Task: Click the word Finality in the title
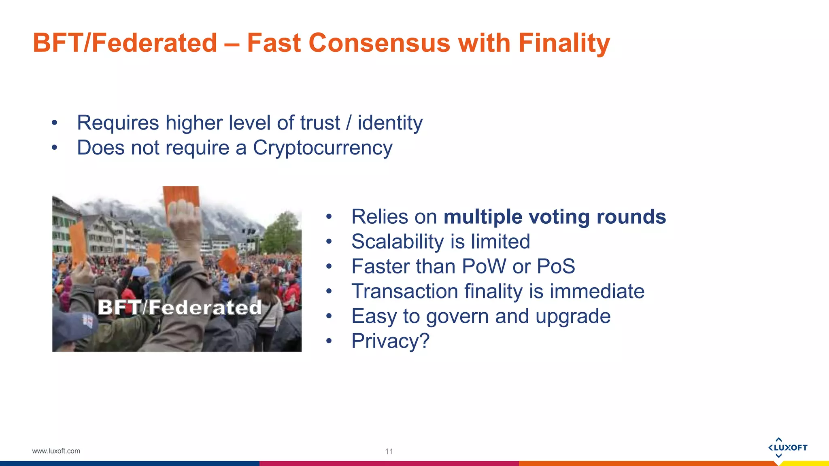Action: click(563, 43)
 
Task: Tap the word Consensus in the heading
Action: click(379, 43)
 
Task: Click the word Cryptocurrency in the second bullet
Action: click(322, 148)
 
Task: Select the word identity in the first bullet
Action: click(390, 123)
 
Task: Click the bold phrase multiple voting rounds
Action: click(555, 217)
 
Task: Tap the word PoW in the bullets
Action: click(484, 267)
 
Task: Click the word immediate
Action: click(597, 291)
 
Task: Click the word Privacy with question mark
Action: click(390, 341)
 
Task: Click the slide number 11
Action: click(389, 451)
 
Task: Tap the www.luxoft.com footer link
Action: click(56, 451)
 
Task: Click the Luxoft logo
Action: click(787, 447)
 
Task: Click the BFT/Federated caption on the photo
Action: click(180, 307)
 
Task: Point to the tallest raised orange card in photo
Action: click(181, 200)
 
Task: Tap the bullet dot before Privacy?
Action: click(329, 341)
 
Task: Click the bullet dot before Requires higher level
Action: click(55, 123)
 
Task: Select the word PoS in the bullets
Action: click(555, 267)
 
